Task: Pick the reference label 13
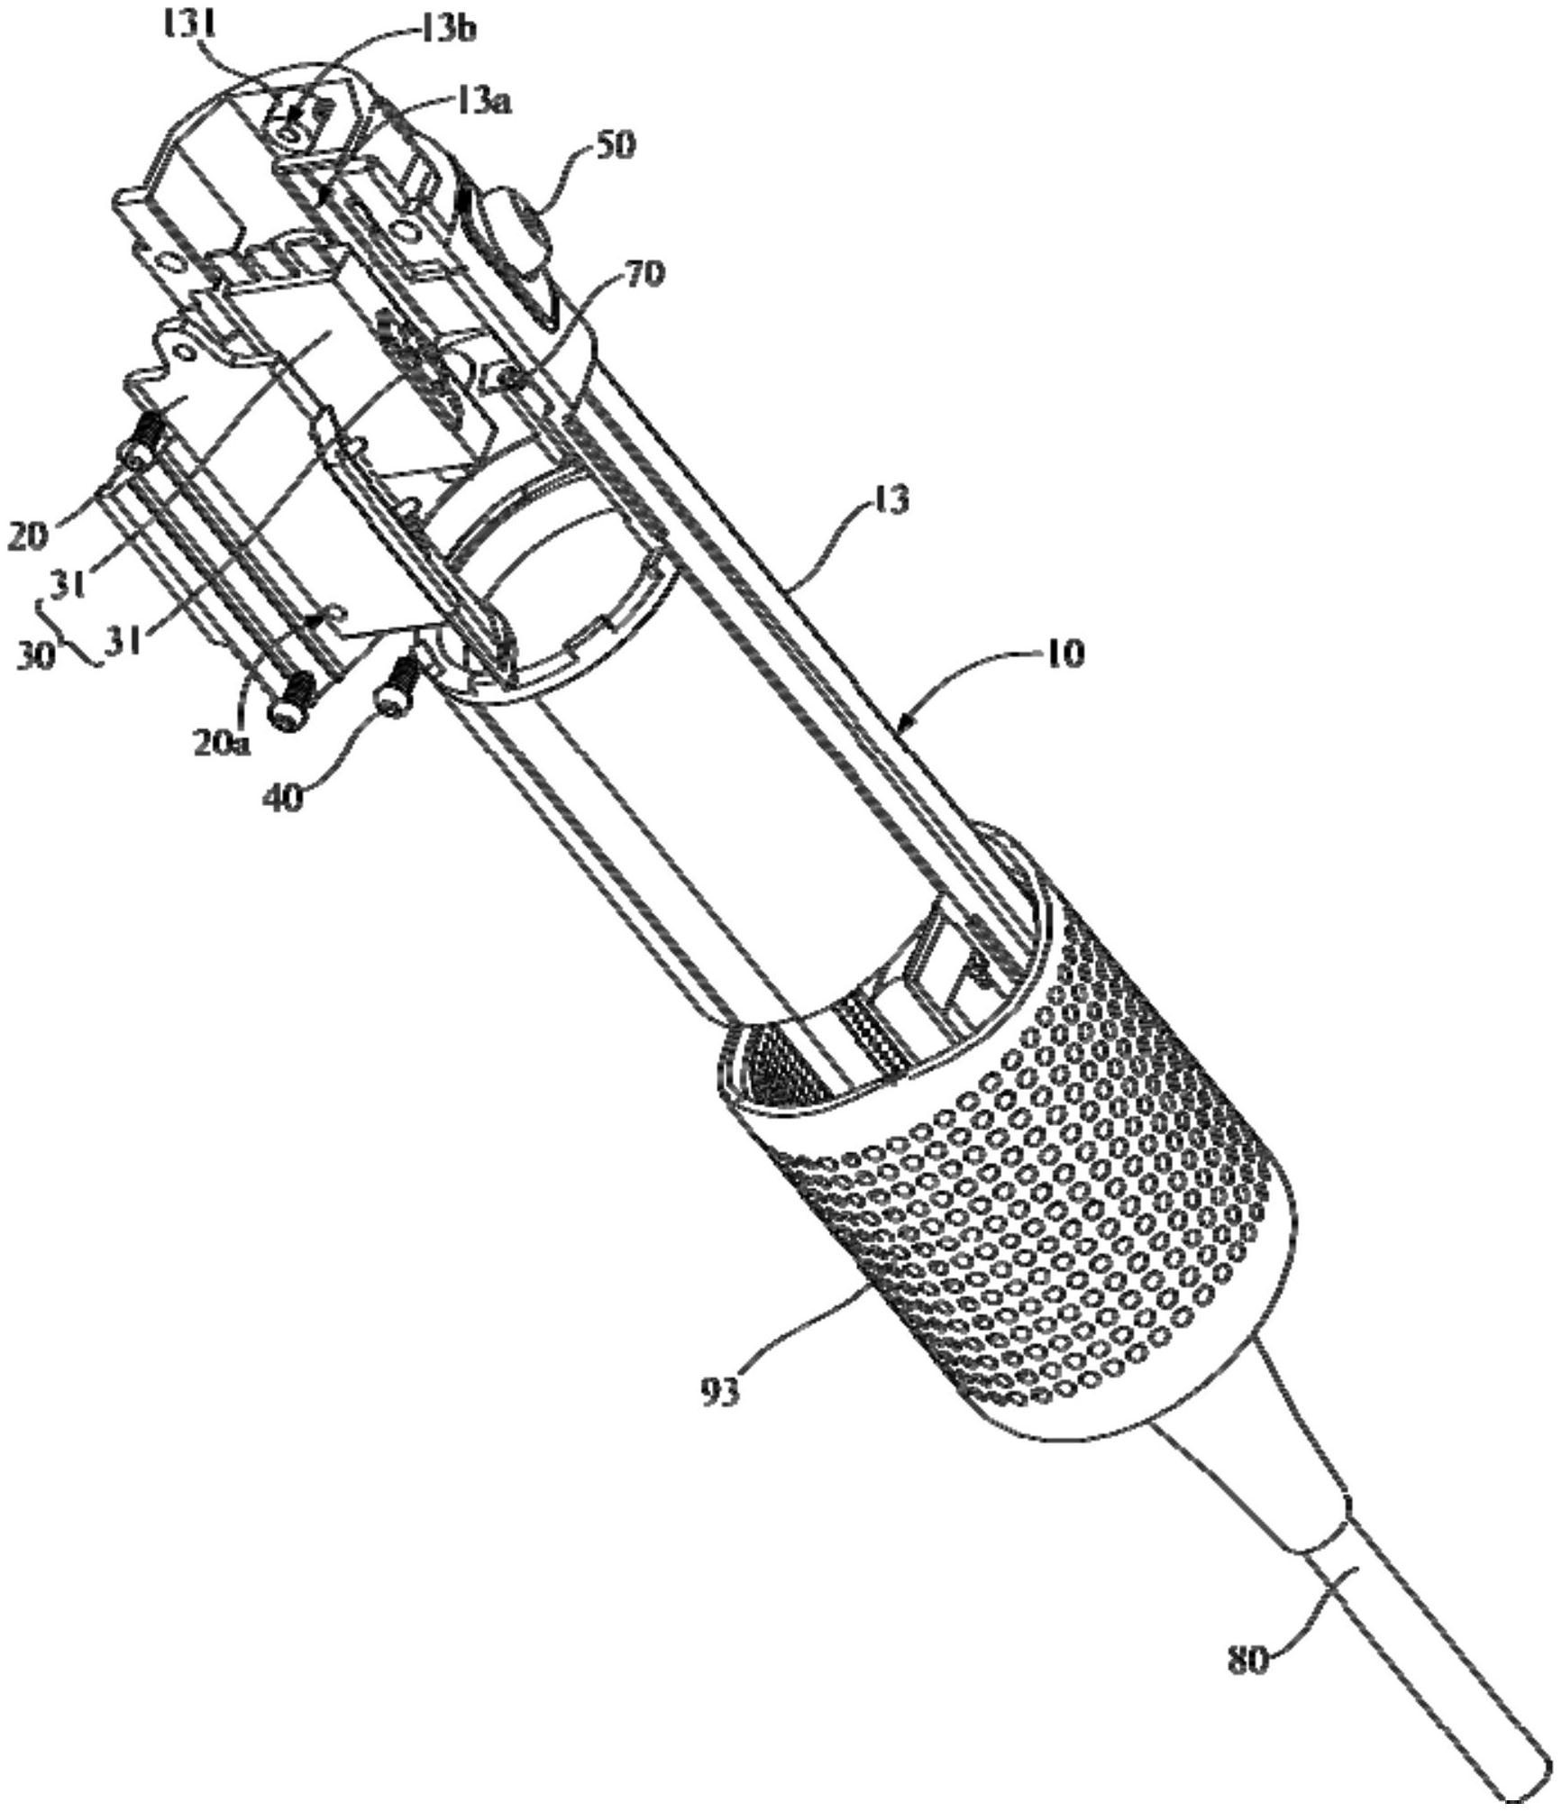[x=883, y=502]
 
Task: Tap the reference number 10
[x=1063, y=653]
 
